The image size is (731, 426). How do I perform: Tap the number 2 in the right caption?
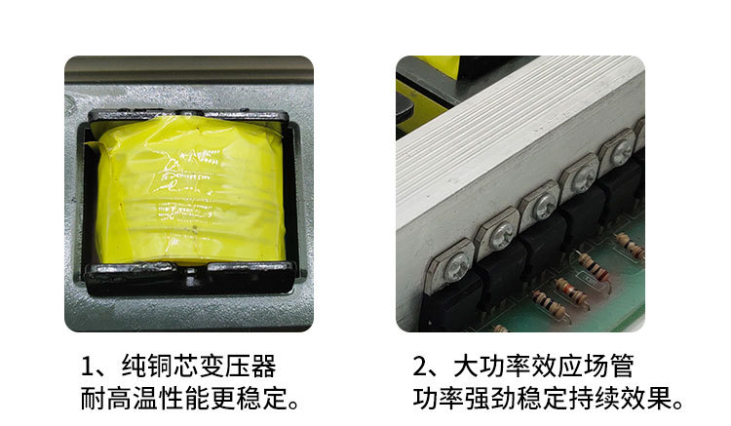point(423,368)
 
